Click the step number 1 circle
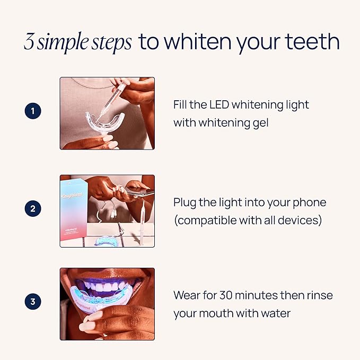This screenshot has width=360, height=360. click(x=33, y=112)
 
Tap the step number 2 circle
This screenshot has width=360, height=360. click(x=33, y=208)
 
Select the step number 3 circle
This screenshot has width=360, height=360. click(x=33, y=303)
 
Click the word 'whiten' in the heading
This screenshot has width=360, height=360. click(x=199, y=42)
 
